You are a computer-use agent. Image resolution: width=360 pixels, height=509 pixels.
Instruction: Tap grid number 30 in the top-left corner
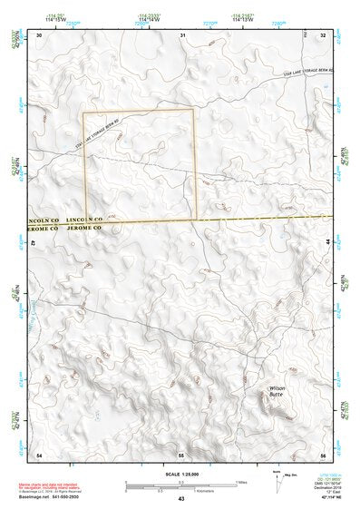pos(39,34)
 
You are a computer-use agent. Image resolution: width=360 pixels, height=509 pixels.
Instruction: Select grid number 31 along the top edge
pos(182,34)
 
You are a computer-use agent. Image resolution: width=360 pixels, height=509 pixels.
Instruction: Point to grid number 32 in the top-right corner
pos(324,34)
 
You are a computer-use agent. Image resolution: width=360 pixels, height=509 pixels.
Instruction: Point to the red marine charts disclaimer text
pos(58,487)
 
